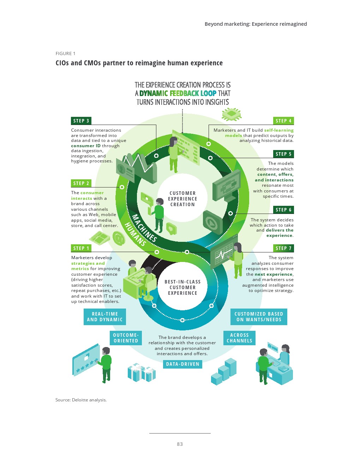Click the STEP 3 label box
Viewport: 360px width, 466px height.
pyautogui.click(x=81, y=121)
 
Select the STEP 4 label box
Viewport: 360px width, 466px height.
pyautogui.click(x=283, y=121)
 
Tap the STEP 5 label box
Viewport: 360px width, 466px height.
pyautogui.click(x=283, y=154)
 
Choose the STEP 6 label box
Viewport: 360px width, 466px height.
pyautogui.click(x=283, y=210)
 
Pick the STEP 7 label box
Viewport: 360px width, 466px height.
pyautogui.click(x=283, y=248)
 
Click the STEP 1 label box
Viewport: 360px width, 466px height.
pyautogui.click(x=81, y=248)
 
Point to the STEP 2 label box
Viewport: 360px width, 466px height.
pyautogui.click(x=81, y=183)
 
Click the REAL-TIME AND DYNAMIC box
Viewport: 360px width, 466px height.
pyautogui.click(x=105, y=317)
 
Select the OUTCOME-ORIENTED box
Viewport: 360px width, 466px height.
pyautogui.click(x=126, y=338)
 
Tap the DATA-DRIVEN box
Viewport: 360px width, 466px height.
pyautogui.click(x=182, y=364)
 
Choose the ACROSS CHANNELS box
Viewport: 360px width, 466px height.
pyautogui.click(x=239, y=338)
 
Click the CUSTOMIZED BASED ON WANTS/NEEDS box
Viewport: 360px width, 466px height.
pyautogui.click(x=259, y=317)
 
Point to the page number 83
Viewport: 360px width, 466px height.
pyautogui.click(x=180, y=444)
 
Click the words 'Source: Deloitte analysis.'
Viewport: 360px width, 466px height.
pyautogui.click(x=81, y=400)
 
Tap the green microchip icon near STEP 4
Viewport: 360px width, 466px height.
pyautogui.click(x=232, y=114)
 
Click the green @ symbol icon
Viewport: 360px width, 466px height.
pyautogui.click(x=119, y=238)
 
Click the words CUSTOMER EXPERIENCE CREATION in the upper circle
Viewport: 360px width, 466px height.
pyautogui.click(x=182, y=199)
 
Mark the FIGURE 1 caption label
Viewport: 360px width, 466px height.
pyautogui.click(x=65, y=54)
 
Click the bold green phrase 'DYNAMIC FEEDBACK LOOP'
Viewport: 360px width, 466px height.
pyautogui.click(x=178, y=93)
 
